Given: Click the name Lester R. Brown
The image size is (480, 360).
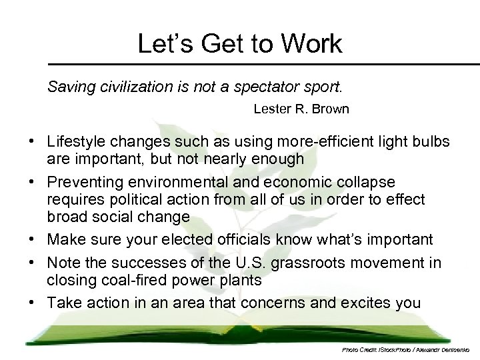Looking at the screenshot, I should (301, 109).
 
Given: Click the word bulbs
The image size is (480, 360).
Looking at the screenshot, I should (430, 142).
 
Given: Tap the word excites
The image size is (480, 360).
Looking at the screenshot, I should (366, 303).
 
